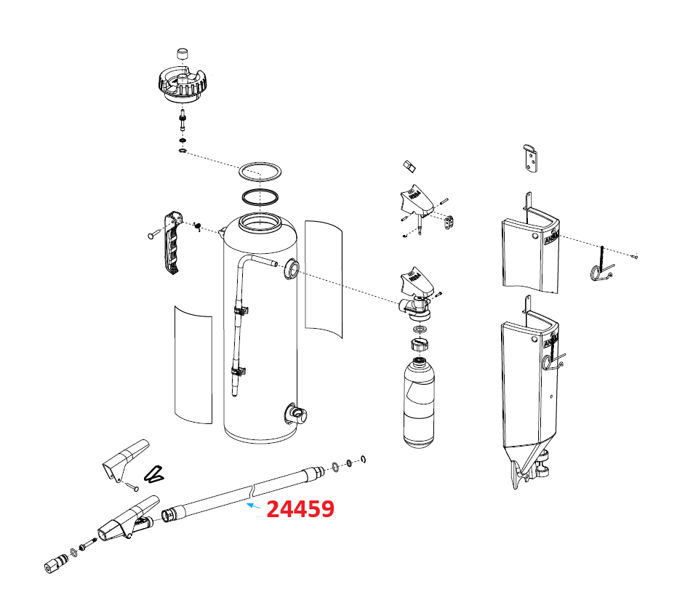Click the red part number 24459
coord(300,509)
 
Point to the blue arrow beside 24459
coord(254,505)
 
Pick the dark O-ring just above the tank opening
coord(260,197)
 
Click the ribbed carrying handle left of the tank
coord(172,243)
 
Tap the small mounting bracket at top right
coord(532,158)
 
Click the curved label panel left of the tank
coord(193,364)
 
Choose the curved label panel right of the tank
coord(323,276)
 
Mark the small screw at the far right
coord(636,255)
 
